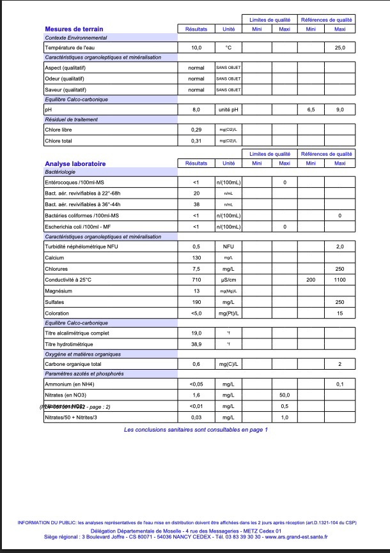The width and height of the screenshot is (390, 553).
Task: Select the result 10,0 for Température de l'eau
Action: click(196, 48)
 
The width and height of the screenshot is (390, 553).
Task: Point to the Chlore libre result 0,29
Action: click(196, 130)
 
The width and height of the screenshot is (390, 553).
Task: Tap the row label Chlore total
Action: click(59, 140)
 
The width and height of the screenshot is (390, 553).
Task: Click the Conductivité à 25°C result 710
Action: click(196, 280)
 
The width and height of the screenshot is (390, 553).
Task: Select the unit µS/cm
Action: click(228, 280)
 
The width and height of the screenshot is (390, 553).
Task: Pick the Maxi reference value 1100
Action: click(340, 280)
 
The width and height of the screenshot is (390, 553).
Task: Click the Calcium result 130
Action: click(196, 257)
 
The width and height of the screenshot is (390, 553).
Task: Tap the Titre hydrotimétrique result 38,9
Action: click(196, 344)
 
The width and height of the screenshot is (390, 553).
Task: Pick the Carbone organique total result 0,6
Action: click(196, 364)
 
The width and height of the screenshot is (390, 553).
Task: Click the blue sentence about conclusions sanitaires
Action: click(196, 430)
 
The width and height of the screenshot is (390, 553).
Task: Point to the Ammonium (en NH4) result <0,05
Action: click(196, 384)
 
